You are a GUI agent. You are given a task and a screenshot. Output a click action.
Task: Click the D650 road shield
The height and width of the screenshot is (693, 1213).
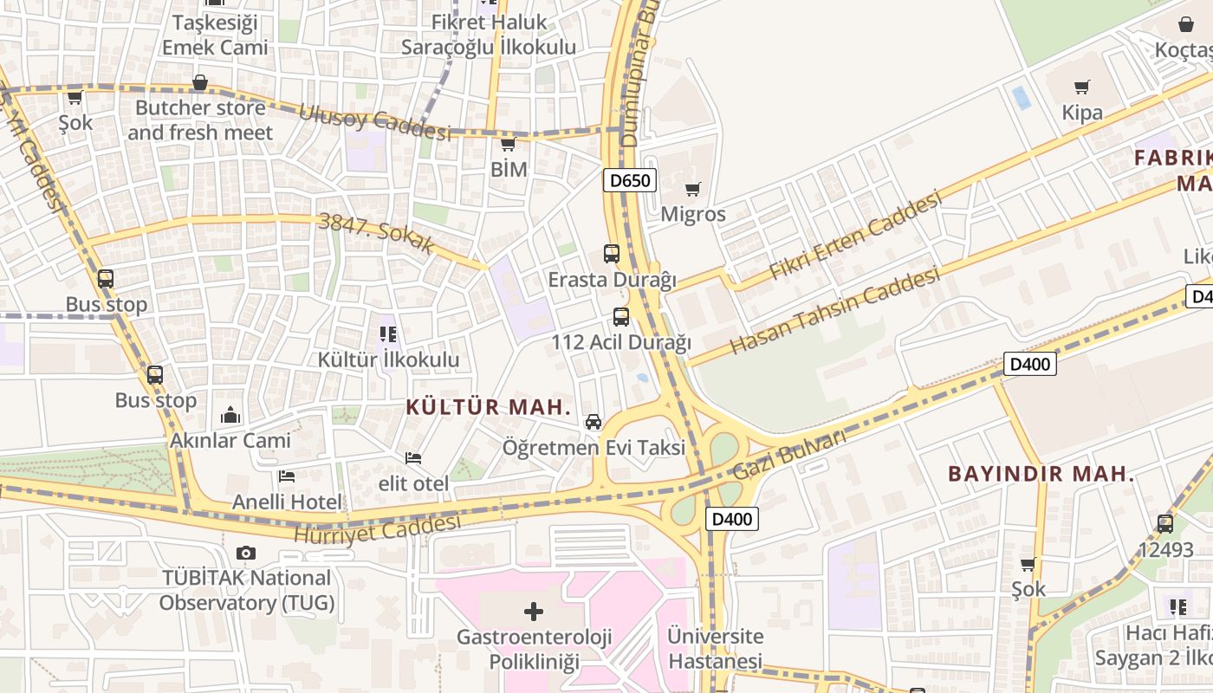click(630, 180)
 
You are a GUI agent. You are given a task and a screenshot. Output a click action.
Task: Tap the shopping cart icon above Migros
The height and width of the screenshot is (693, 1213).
click(692, 189)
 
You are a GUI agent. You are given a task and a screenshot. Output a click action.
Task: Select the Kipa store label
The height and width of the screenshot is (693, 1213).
click(1082, 113)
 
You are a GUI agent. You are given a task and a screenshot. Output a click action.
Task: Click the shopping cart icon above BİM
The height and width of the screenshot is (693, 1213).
click(509, 144)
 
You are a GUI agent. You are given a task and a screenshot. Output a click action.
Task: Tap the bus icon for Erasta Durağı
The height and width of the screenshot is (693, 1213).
click(612, 254)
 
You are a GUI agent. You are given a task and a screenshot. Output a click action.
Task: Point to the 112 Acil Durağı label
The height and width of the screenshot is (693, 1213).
click(621, 343)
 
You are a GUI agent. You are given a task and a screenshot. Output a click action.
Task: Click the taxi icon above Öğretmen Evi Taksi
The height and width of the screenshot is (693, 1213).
click(594, 422)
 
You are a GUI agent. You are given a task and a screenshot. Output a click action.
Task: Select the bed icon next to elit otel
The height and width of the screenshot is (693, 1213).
click(413, 457)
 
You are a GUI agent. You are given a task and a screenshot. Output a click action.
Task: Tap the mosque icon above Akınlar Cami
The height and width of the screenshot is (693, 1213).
click(230, 415)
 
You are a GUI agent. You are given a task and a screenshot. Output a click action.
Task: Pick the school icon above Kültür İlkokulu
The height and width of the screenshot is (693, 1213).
click(387, 334)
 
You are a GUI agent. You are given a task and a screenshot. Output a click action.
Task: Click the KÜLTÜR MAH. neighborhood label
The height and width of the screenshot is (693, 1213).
click(489, 407)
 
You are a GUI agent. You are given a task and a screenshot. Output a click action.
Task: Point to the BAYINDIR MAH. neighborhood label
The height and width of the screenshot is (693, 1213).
click(1041, 474)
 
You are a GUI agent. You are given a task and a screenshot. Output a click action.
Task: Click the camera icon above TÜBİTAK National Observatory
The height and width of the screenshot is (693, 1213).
click(246, 553)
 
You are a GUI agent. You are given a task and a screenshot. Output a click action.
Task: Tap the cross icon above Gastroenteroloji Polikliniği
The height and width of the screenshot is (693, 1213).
click(534, 612)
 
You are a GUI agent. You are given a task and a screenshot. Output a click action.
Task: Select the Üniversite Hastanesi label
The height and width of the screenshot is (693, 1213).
click(715, 649)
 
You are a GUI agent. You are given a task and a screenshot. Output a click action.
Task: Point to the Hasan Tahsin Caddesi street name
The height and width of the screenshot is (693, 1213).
click(834, 311)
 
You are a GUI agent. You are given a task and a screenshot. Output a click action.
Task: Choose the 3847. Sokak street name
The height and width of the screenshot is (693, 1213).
click(377, 232)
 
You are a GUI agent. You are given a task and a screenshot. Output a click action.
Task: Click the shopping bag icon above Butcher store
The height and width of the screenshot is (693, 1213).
click(200, 83)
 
